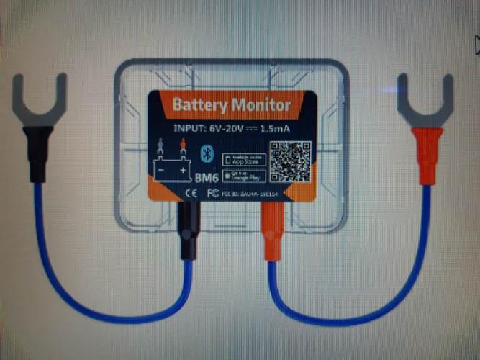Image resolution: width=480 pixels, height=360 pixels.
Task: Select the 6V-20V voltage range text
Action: pyautogui.click(x=225, y=129)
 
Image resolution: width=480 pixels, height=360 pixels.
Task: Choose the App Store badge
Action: pyautogui.click(x=245, y=158)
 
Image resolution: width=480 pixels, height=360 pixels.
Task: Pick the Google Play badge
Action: pyautogui.click(x=245, y=176)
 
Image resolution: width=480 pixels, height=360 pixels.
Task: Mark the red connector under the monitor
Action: pyautogui.click(x=274, y=230)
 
